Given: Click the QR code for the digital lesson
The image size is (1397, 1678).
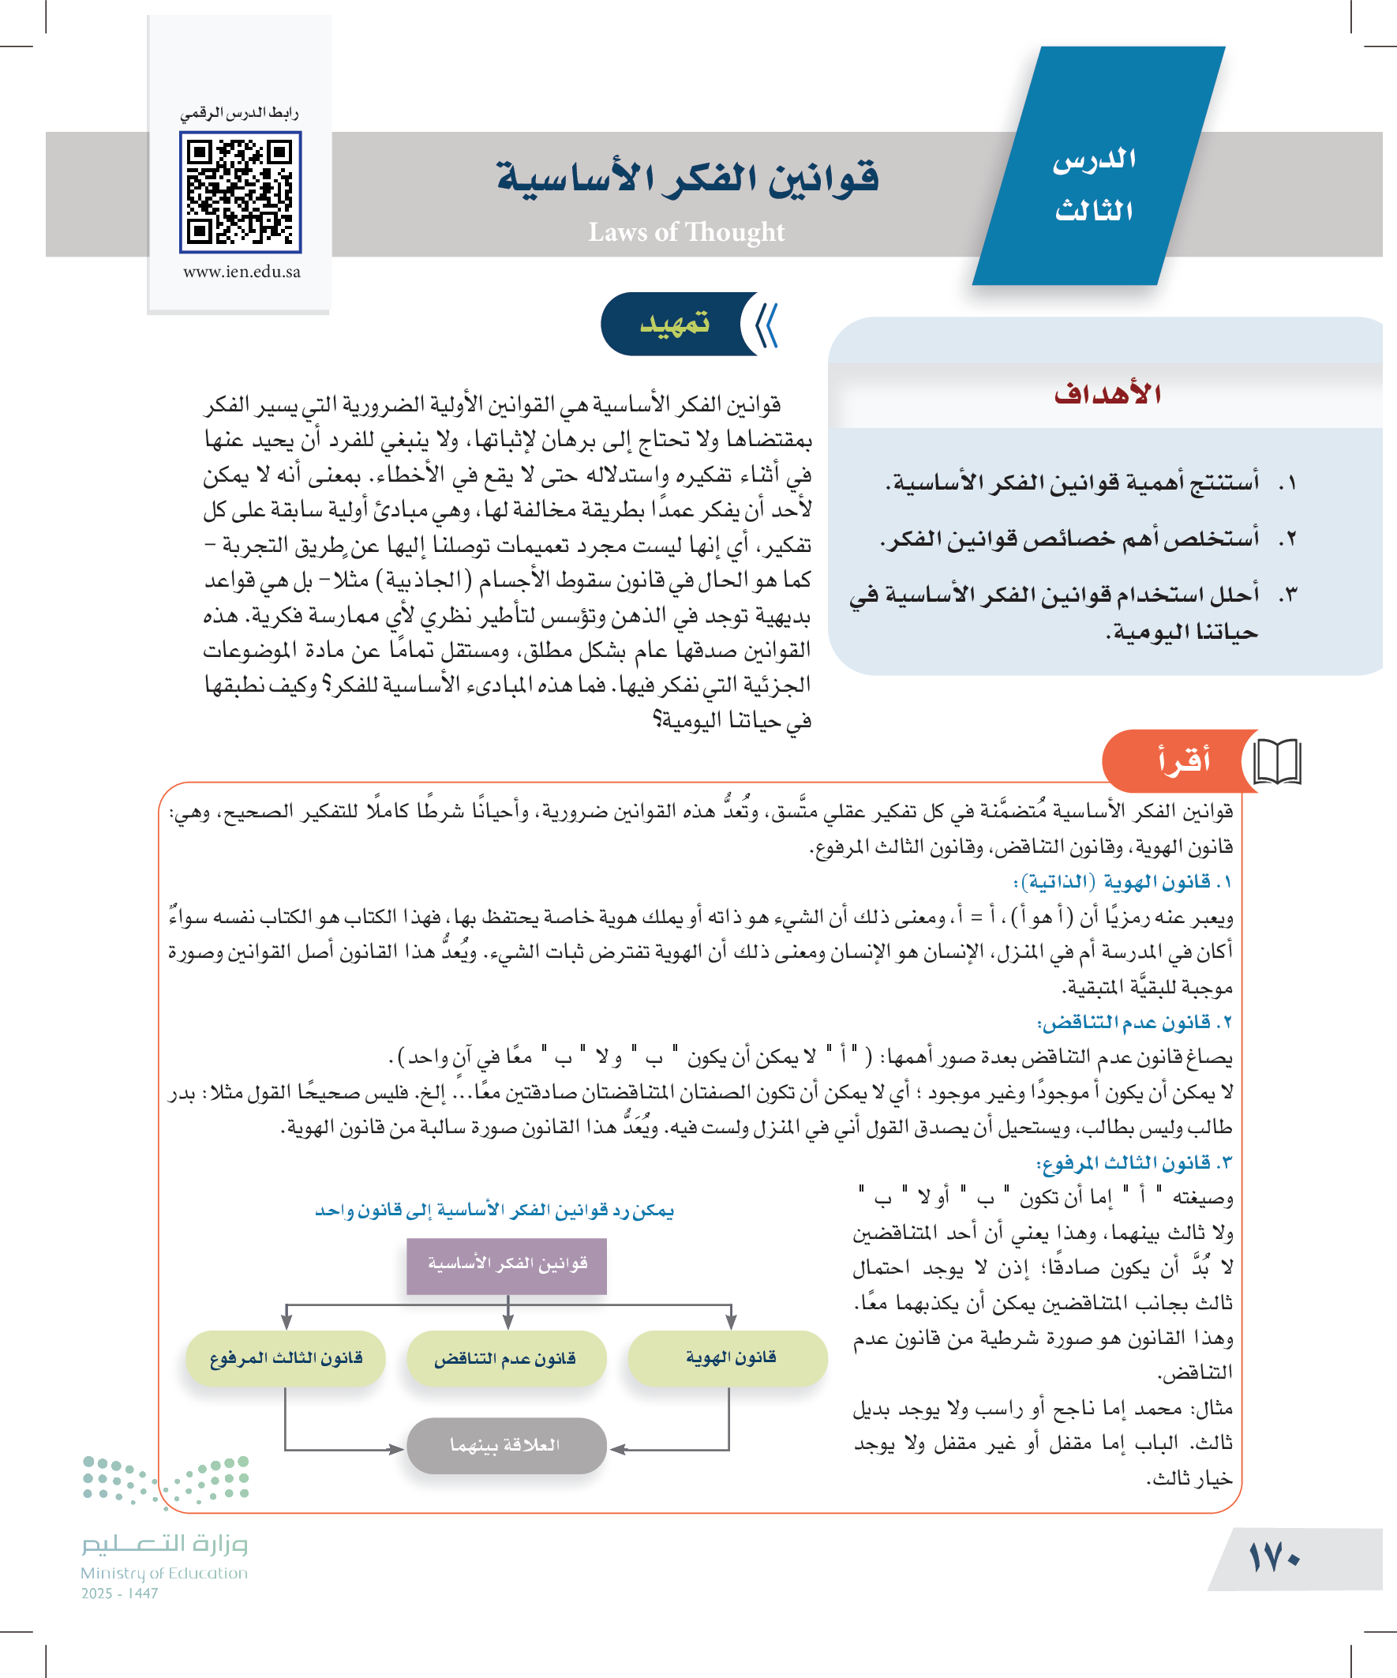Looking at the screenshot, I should pos(240,192).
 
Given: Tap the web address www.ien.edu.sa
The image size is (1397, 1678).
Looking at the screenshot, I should pos(242,272).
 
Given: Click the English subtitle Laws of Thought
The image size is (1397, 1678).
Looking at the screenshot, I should pos(686,231).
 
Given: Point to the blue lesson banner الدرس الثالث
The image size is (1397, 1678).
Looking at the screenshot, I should pos(1094,184).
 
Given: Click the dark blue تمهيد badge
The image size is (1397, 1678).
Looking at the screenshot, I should pos(675,324).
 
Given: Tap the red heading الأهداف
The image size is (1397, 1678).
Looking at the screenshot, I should pos(1107,394).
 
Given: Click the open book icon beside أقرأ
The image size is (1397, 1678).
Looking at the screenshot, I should pos(1277,761).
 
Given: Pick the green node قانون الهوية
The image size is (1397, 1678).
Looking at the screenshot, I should pos(729,1357).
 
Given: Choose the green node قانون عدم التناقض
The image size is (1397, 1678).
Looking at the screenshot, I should pos(506,1358).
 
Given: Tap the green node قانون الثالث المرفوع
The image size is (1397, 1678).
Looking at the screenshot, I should pos(286,1358).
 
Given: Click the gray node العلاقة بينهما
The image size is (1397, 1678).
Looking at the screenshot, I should pos(506,1445).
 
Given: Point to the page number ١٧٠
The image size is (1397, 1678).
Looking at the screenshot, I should pos(1275,1557).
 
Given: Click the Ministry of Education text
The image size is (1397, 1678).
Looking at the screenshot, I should pos(163,1573).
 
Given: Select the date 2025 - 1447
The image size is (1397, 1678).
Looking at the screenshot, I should pos(120,1594).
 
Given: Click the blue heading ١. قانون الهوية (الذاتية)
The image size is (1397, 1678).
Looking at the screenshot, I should pos(1122,882).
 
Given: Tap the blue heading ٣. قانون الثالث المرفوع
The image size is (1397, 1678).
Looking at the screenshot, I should pos(1134,1162).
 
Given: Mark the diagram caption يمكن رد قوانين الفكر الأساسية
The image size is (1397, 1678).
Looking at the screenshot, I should pos(494,1211).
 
